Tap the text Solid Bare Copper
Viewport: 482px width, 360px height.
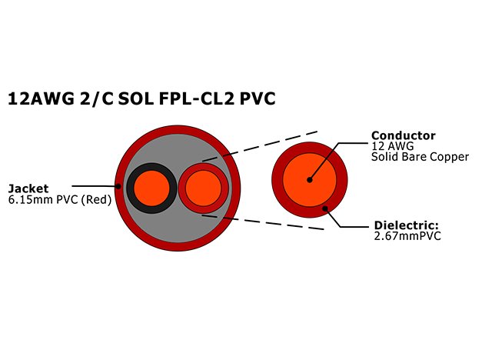420,157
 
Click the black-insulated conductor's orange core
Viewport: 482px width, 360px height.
148,186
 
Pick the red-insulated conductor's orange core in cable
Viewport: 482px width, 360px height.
203,186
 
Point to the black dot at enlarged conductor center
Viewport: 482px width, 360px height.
309,180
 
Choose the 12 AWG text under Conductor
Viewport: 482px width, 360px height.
390,146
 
